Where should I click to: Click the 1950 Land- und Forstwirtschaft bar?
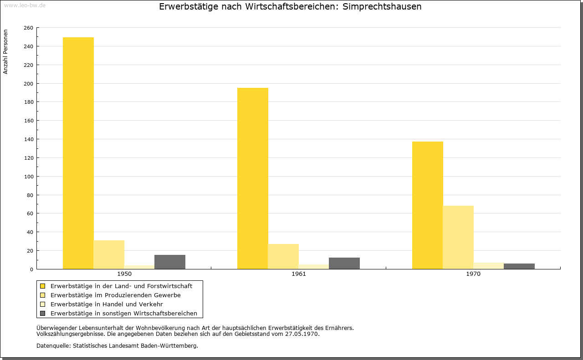(78, 153)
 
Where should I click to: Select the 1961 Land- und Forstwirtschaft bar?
(253, 178)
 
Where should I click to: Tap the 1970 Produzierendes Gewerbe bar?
(458, 238)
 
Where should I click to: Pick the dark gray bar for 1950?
(170, 262)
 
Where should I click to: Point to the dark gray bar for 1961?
(344, 263)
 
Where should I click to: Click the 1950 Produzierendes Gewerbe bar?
(109, 255)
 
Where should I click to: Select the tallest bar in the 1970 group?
(428, 205)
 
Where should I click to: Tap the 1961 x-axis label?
(299, 274)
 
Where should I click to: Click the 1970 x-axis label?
(473, 274)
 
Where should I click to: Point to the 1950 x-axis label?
(124, 274)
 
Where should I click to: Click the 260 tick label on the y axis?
(28, 28)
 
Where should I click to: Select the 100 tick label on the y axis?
(28, 177)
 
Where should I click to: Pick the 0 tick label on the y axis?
(31, 269)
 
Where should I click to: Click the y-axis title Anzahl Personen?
(5, 52)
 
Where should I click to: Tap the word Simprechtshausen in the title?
(382, 6)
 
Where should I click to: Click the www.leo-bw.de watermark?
(25, 5)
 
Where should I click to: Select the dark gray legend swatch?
(42, 314)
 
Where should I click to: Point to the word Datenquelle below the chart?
(53, 346)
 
